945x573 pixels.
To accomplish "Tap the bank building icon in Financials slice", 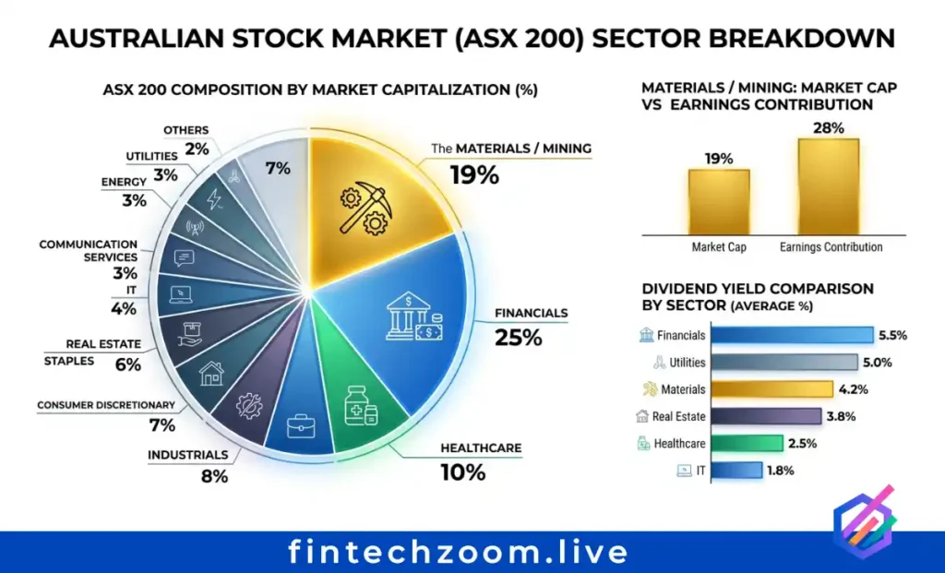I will [x=413, y=317].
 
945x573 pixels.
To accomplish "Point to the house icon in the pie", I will [x=211, y=372].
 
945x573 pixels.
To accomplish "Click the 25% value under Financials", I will [x=518, y=338].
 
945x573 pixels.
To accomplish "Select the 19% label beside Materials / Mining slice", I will [x=474, y=174].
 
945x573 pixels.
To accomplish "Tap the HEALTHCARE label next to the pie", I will [x=480, y=448].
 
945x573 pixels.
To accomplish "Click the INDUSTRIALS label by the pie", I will [x=187, y=455].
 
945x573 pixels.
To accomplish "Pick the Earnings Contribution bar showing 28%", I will [x=828, y=186].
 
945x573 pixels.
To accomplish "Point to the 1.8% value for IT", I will [x=779, y=471].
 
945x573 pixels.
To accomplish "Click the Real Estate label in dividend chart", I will [x=678, y=417].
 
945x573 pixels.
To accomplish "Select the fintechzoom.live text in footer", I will [x=458, y=552].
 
